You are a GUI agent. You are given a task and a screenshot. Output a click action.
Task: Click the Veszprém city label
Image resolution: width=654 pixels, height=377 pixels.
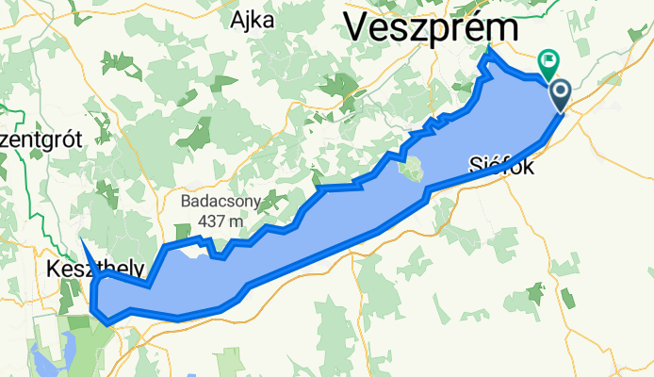pyautogui.click(x=430, y=26)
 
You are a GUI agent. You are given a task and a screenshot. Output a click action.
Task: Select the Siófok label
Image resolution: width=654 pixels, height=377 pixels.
pyautogui.click(x=501, y=168)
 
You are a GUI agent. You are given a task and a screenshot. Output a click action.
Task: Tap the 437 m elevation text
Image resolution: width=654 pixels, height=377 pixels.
pyautogui.click(x=222, y=221)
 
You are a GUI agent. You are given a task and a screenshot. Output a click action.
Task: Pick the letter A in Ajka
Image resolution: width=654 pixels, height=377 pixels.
pyautogui.click(x=237, y=19)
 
